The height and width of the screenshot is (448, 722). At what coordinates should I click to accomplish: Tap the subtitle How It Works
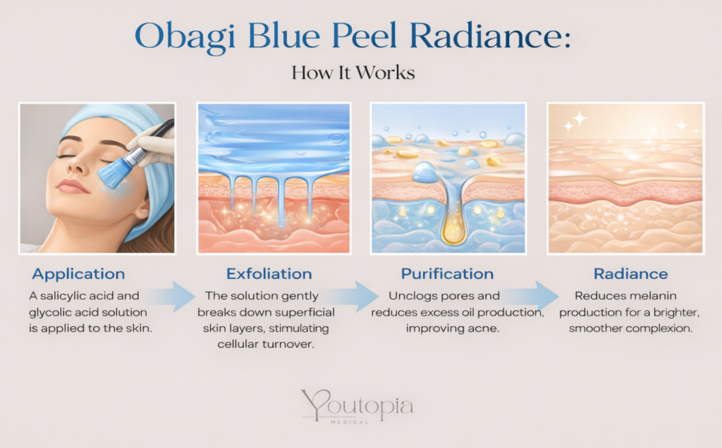point(353,73)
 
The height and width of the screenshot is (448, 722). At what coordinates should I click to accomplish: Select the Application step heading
point(78,274)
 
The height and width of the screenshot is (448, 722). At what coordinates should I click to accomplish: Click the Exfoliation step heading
point(269,274)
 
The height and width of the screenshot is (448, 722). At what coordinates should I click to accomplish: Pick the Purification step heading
point(447,274)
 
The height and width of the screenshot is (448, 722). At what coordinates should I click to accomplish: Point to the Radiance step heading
point(630,274)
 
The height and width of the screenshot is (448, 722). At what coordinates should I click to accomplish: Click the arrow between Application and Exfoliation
point(173,297)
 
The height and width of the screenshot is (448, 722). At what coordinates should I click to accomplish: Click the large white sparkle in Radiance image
point(580,118)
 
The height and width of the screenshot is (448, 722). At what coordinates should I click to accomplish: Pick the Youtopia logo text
point(357,406)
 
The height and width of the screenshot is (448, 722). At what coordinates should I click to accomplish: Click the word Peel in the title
point(364,36)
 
